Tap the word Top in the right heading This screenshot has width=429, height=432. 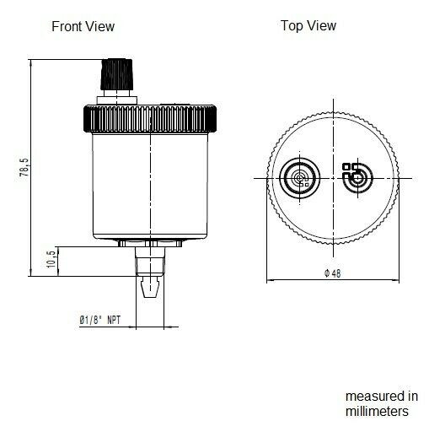292,25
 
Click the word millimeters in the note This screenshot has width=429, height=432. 377,411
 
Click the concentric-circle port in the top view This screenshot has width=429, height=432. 300,177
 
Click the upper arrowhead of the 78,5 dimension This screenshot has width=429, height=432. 32,62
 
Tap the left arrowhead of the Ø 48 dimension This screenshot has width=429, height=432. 271,281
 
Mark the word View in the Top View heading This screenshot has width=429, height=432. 321,25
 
